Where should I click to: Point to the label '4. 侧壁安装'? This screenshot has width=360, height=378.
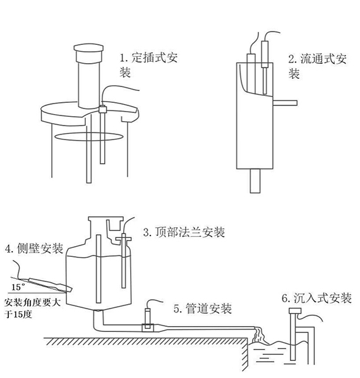click(x=33, y=249)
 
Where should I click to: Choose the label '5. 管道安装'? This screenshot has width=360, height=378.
click(x=202, y=309)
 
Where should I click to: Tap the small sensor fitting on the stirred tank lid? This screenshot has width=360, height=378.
click(x=101, y=109)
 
